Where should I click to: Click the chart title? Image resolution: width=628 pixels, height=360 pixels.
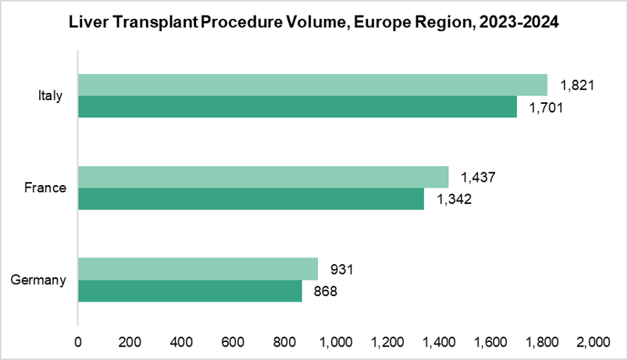point(314,23)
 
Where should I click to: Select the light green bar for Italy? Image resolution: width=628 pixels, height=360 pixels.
point(312,85)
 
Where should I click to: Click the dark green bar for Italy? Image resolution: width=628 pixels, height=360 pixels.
point(297,106)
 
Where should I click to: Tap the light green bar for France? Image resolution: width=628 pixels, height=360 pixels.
point(263,177)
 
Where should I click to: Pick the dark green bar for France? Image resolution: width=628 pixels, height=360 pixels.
point(251,198)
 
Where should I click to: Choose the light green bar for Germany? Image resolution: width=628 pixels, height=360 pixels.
point(198,269)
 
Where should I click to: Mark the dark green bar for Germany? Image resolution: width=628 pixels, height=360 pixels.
point(190,290)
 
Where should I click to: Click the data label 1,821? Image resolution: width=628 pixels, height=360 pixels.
point(578,85)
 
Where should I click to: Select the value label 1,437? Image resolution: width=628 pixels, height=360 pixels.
point(479,177)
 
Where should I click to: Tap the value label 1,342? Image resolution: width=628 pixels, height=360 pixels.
point(454,199)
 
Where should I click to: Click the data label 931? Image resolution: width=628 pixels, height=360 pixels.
point(343,269)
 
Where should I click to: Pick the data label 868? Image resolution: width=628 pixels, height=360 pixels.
point(326,291)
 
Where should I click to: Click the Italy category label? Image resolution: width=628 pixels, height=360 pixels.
point(51,96)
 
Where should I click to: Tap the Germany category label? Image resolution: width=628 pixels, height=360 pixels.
point(41,280)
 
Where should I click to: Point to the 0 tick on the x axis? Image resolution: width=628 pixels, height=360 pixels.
point(77,341)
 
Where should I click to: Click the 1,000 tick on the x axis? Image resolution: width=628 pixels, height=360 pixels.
point(335,341)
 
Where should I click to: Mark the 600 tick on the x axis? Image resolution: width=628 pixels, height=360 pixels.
point(232,341)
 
